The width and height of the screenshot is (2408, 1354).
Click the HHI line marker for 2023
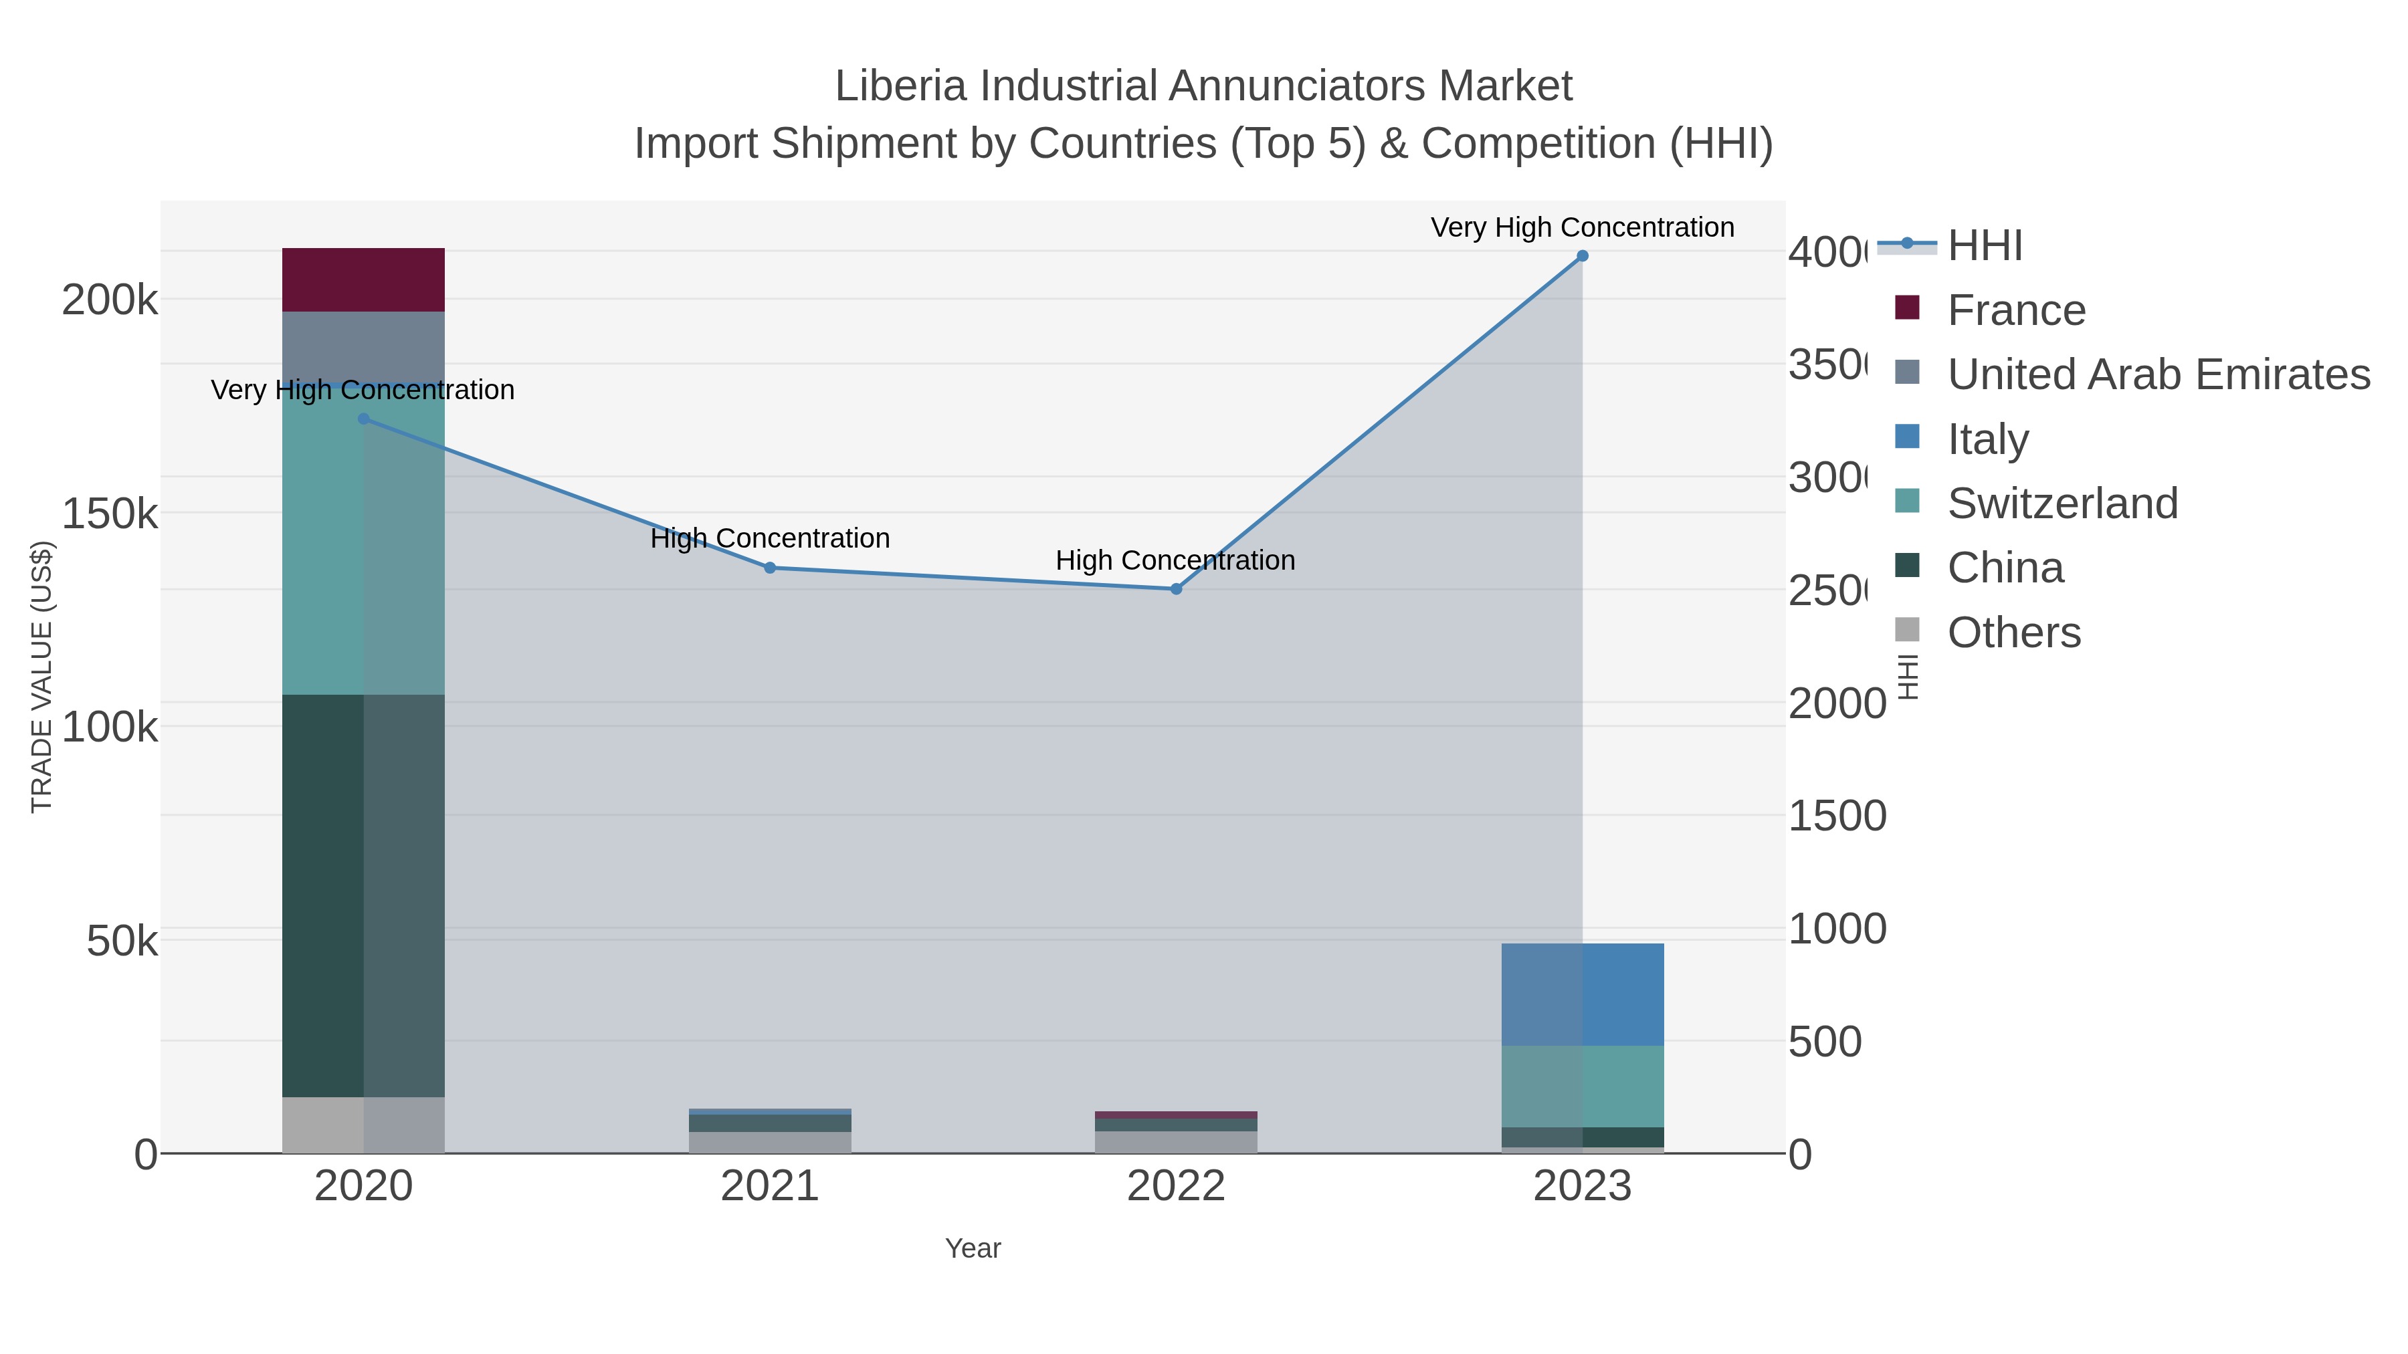pyautogui.click(x=1583, y=256)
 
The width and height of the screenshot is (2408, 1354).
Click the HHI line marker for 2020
pyautogui.click(x=364, y=419)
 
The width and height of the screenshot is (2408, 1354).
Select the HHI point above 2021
pyautogui.click(x=771, y=567)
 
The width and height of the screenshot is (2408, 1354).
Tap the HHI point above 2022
pyautogui.click(x=1176, y=588)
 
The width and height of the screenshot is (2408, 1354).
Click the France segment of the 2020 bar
pyautogui.click(x=364, y=279)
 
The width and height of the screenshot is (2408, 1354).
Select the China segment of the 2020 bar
pyautogui.click(x=364, y=895)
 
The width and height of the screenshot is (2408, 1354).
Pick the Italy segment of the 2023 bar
pyautogui.click(x=1583, y=994)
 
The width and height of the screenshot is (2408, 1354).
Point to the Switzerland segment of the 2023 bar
pyautogui.click(x=1583, y=1086)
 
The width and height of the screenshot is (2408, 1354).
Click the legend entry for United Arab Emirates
pyautogui.click(x=2157, y=374)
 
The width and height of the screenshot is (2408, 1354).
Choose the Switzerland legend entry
pyautogui.click(x=2062, y=503)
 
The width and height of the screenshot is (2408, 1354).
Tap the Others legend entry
pyautogui.click(x=2013, y=633)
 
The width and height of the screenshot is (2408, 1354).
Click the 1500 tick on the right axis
pyautogui.click(x=1837, y=816)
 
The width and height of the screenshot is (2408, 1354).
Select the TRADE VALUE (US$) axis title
pyautogui.click(x=42, y=677)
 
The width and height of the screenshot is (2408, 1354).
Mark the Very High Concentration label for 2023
pyautogui.click(x=1582, y=227)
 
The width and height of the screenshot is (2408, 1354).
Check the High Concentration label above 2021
pyautogui.click(x=771, y=538)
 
